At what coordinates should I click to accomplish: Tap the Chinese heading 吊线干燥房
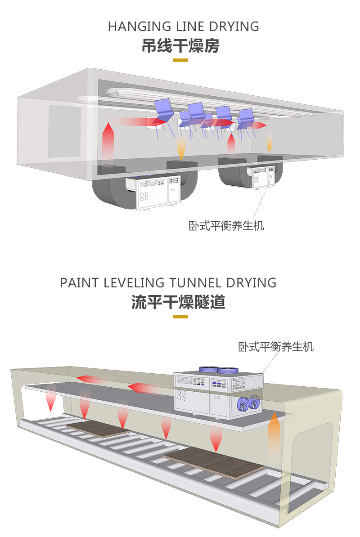click(x=180, y=46)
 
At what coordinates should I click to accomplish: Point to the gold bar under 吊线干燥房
click(x=180, y=60)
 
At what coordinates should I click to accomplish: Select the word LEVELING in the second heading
click(x=130, y=283)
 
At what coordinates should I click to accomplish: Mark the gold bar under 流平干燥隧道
click(x=180, y=317)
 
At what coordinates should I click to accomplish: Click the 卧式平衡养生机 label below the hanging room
click(x=226, y=225)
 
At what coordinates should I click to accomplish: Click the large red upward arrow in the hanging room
click(x=108, y=142)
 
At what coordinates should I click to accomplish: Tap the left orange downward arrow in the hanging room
click(x=180, y=148)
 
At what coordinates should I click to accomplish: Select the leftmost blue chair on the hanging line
click(x=163, y=110)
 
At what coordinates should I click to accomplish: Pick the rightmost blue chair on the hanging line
click(x=247, y=116)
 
